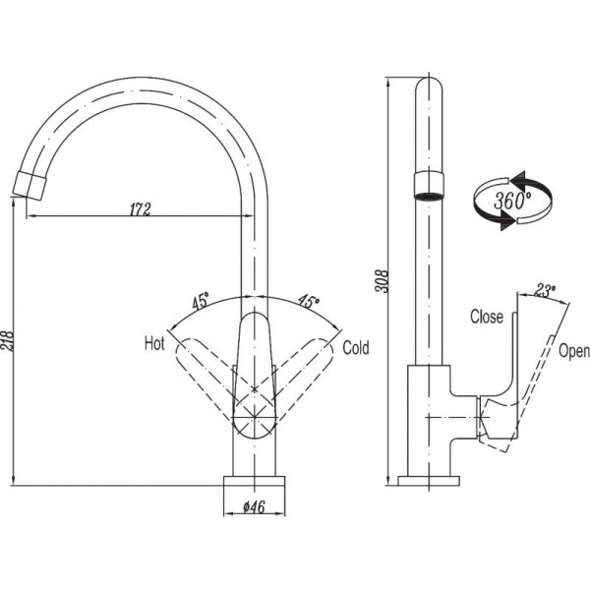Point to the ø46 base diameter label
[258, 508]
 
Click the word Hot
[154, 343]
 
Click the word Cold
[355, 347]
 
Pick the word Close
[487, 317]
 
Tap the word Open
[573, 351]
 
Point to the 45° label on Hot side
[202, 302]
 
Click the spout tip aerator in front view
[33, 183]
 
